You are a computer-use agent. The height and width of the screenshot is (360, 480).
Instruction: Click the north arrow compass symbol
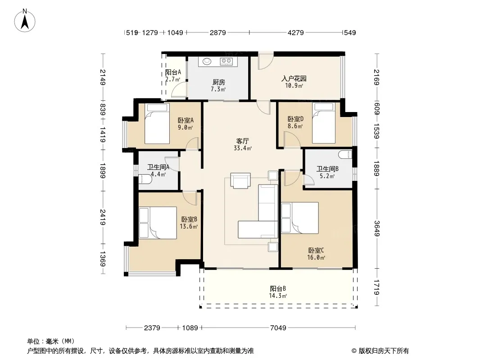25,20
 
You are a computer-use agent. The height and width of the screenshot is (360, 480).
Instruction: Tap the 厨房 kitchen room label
218,82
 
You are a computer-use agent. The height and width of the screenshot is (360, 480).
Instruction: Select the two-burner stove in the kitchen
226,62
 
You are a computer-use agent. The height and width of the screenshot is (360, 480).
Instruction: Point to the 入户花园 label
294,79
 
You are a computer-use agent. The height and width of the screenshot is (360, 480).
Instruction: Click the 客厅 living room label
242,141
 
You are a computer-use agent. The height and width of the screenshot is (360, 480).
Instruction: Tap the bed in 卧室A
157,124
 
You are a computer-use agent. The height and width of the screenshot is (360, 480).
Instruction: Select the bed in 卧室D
324,123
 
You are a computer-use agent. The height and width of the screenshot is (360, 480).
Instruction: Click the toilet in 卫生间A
145,179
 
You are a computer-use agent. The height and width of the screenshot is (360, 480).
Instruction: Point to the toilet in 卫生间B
346,154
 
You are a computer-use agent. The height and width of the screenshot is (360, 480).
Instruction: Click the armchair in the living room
240,180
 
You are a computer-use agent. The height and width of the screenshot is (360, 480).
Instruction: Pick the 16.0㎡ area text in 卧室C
316,257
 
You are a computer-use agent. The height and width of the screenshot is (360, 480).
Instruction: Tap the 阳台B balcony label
278,288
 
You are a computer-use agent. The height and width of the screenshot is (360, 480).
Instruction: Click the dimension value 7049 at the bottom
278,328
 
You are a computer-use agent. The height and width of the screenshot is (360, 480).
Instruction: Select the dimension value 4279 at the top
296,32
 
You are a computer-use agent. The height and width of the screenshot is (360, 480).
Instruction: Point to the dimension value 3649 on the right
376,229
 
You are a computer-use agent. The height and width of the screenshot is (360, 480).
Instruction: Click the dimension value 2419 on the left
103,217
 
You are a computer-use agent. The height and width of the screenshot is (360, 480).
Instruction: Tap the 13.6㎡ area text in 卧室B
189,227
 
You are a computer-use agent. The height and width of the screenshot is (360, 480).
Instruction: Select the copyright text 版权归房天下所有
384,351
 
